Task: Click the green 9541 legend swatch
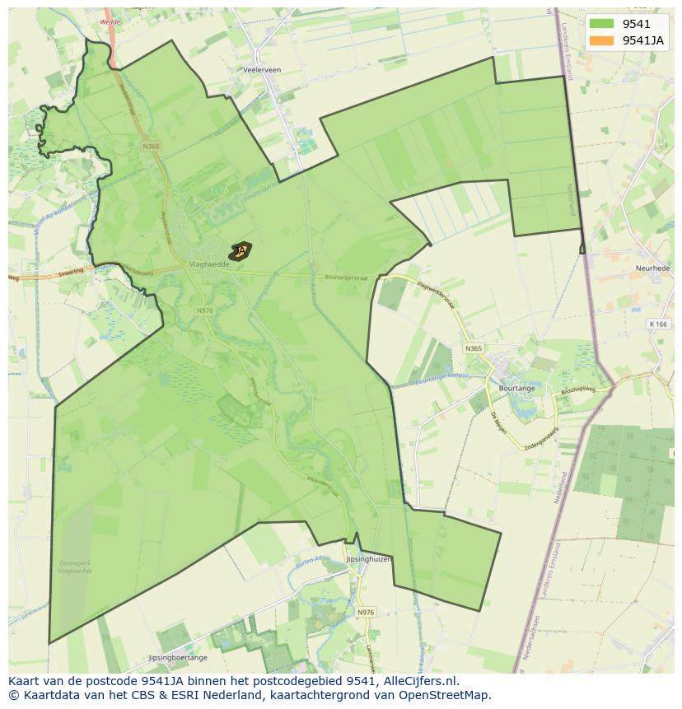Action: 601,24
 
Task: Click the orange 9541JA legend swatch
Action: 601,40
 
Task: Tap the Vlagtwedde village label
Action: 208,265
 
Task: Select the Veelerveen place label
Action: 262,70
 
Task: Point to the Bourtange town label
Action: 516,388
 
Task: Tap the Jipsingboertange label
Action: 177,658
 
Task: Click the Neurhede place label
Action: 652,268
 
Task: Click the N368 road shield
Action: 151,147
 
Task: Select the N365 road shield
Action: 473,348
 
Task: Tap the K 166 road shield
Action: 656,324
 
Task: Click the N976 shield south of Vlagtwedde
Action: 205,310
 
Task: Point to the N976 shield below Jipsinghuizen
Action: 366,612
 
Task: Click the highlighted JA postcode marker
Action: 241,250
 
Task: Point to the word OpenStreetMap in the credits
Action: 451,695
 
